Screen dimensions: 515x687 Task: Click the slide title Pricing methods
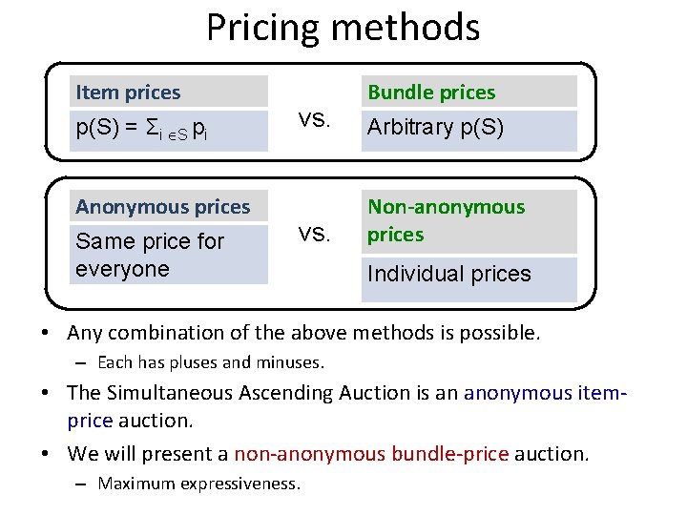point(343,28)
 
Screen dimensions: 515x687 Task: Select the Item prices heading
point(128,93)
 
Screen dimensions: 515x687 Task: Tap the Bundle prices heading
point(431,93)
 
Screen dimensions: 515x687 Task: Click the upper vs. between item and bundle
point(314,120)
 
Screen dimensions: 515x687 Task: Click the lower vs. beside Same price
point(314,235)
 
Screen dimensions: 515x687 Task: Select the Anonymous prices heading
point(163,207)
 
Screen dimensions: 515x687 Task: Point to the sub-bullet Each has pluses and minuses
point(211,362)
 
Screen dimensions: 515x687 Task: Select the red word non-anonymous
point(309,454)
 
